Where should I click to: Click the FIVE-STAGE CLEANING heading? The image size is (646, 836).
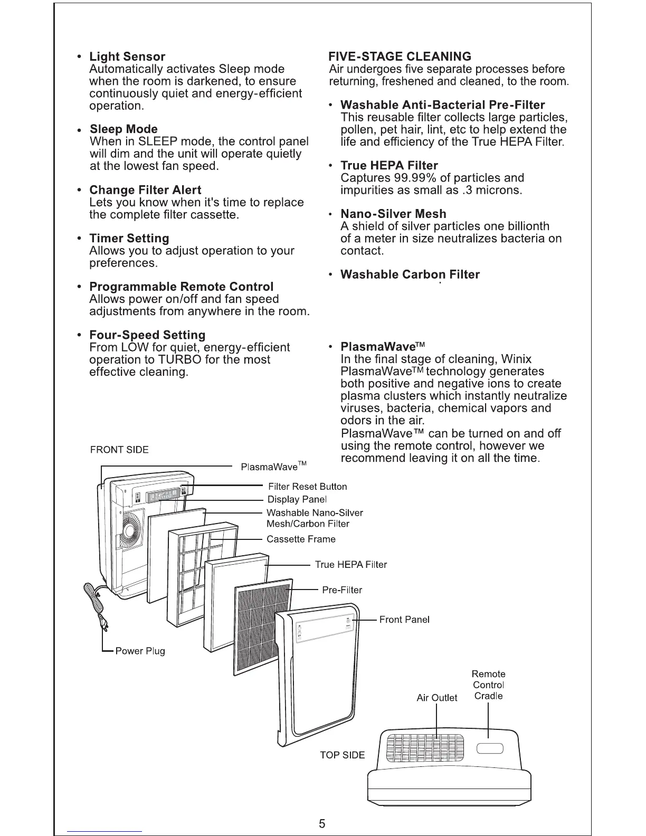click(x=400, y=56)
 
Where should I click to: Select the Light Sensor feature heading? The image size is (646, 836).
click(x=127, y=56)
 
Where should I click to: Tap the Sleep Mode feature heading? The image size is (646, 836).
click(x=123, y=129)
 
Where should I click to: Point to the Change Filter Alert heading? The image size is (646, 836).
click(x=145, y=190)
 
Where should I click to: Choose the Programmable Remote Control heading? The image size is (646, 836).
click(x=181, y=287)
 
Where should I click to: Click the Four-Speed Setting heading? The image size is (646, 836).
click(x=147, y=335)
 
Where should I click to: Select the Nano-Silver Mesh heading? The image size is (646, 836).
click(x=393, y=214)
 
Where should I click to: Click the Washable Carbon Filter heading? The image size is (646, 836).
click(x=410, y=274)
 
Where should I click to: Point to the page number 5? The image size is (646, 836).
click(x=322, y=824)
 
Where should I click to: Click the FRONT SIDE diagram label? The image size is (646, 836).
click(x=119, y=450)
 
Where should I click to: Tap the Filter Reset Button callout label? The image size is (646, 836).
click(x=307, y=487)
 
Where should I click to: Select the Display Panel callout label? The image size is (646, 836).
click(x=297, y=499)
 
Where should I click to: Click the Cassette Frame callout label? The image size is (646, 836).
click(x=301, y=539)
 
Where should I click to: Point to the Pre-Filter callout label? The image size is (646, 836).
click(x=342, y=590)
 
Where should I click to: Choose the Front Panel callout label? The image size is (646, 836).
click(x=404, y=619)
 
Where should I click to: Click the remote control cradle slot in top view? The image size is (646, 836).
click(x=490, y=748)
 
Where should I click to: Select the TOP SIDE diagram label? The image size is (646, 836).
click(x=342, y=755)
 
